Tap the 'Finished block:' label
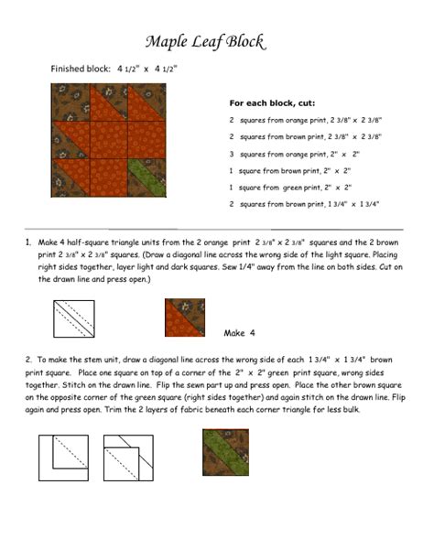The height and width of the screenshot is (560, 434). pyautogui.click(x=81, y=69)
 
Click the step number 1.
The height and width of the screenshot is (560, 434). pyautogui.click(x=29, y=242)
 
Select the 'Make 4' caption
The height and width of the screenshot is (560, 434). pyautogui.click(x=239, y=332)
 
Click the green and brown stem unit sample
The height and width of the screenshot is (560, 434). pyautogui.click(x=224, y=453)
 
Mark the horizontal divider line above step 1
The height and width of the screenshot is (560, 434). pyautogui.click(x=217, y=228)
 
